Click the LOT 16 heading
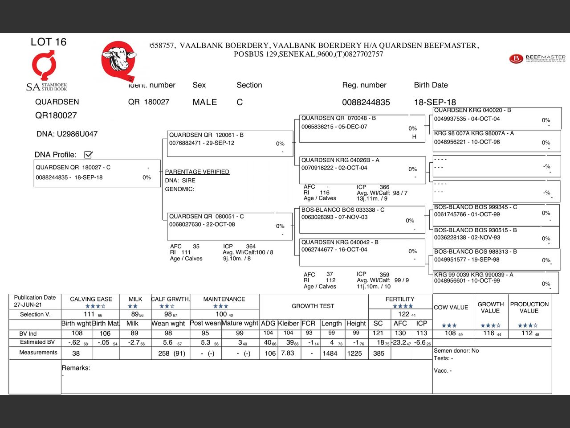(49, 42)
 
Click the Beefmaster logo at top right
(537, 58)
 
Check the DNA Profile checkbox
(88, 155)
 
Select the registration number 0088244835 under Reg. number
(366, 103)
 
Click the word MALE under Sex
(204, 103)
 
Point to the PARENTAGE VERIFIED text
(197, 172)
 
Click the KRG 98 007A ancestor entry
(496, 140)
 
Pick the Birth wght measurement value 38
(76, 354)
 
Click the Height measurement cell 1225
(354, 354)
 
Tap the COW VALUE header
(451, 308)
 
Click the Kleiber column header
(288, 323)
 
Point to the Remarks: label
(76, 368)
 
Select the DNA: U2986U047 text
(67, 134)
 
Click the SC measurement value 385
(379, 354)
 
